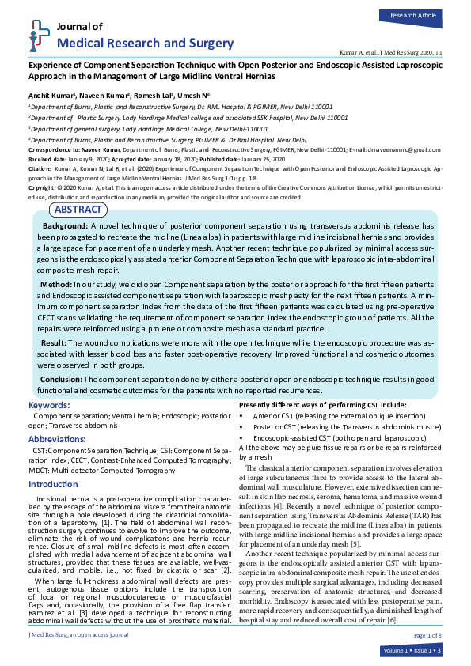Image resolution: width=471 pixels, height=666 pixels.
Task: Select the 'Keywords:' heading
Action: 49,405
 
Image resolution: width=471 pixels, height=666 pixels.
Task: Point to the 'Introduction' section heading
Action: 53,483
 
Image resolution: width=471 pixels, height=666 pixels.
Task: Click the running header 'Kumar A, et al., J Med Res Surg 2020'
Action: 388,50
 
